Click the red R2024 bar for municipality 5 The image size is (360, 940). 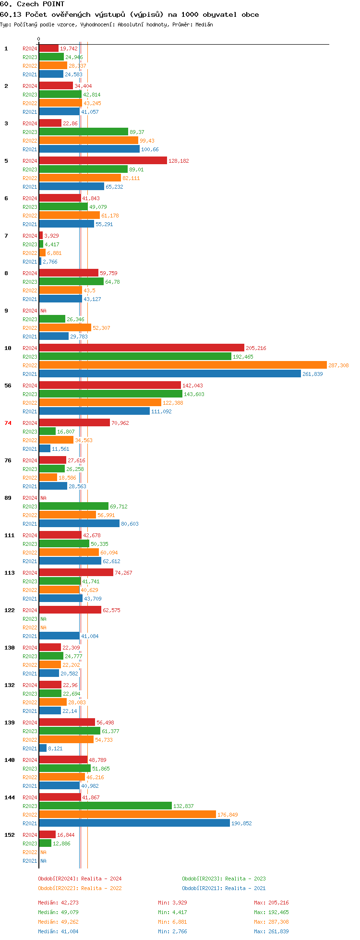click(103, 160)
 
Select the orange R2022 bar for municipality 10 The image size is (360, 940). click(182, 365)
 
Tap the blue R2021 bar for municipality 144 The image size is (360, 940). click(134, 823)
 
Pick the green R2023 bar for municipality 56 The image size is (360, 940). click(110, 394)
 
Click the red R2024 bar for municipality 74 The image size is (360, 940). click(74, 422)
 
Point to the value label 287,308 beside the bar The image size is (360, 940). click(338, 365)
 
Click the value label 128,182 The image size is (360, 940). click(179, 161)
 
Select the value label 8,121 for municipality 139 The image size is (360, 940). click(55, 748)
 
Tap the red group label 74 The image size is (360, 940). click(8, 423)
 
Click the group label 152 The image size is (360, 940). click(10, 835)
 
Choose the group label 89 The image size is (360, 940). click(8, 498)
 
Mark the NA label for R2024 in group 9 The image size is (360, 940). click(43, 311)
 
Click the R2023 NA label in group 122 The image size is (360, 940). click(43, 619)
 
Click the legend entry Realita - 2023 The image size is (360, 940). click(224, 879)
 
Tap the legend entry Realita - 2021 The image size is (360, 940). click(224, 888)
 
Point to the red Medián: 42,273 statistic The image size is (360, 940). click(58, 903)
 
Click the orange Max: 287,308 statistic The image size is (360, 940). click(271, 922)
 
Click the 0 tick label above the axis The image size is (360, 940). click(39, 39)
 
